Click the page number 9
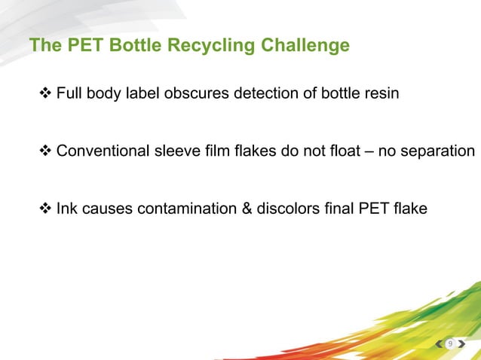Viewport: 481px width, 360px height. (x=450, y=344)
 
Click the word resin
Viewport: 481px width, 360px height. (x=382, y=95)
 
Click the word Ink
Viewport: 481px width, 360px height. (x=66, y=208)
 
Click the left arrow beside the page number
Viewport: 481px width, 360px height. (x=440, y=344)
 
